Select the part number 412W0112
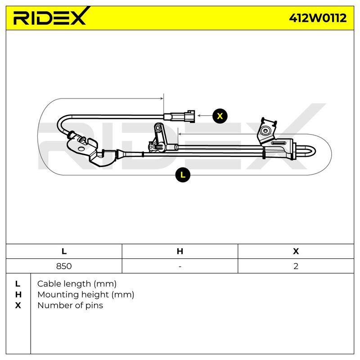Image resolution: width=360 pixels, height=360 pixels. (318, 18)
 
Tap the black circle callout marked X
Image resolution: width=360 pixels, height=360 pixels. (220, 116)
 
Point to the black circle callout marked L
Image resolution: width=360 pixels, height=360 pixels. (183, 175)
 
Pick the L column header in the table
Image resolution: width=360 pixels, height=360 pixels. (64, 251)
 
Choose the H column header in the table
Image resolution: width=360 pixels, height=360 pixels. (180, 251)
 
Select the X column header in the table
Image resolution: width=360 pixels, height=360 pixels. (296, 251)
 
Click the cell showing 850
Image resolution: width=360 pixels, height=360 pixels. (64, 266)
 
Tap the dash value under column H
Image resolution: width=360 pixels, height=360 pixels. (180, 266)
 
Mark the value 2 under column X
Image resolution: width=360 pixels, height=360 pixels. (296, 266)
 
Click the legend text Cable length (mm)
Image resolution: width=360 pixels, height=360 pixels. (77, 284)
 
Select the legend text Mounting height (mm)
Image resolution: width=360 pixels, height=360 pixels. (86, 295)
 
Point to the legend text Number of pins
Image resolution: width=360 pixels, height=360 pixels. (70, 306)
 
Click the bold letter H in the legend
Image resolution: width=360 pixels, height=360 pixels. (18, 295)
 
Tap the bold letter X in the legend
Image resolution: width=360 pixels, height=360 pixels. (18, 306)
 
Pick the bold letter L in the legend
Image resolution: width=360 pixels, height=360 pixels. (18, 284)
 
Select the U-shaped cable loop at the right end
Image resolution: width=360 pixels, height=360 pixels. (306, 152)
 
